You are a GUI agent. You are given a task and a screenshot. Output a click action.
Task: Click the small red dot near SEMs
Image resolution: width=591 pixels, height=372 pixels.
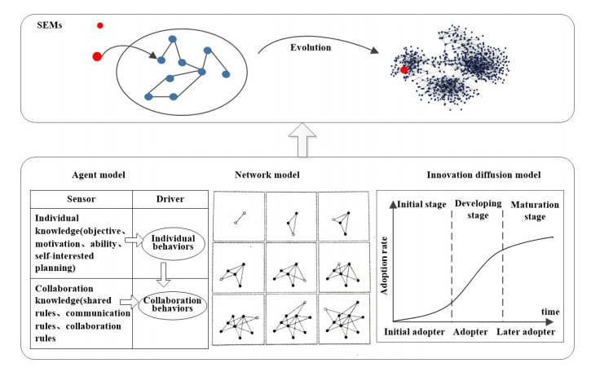tap(100, 26)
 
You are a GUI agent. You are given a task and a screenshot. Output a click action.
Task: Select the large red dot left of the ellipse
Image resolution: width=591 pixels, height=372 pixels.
tap(97, 56)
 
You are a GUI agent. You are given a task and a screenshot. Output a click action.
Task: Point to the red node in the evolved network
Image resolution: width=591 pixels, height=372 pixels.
tap(404, 70)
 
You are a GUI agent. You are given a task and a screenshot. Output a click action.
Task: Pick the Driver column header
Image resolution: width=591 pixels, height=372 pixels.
tap(170, 199)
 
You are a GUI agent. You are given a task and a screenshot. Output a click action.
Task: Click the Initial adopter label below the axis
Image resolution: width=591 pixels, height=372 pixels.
tap(416, 334)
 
